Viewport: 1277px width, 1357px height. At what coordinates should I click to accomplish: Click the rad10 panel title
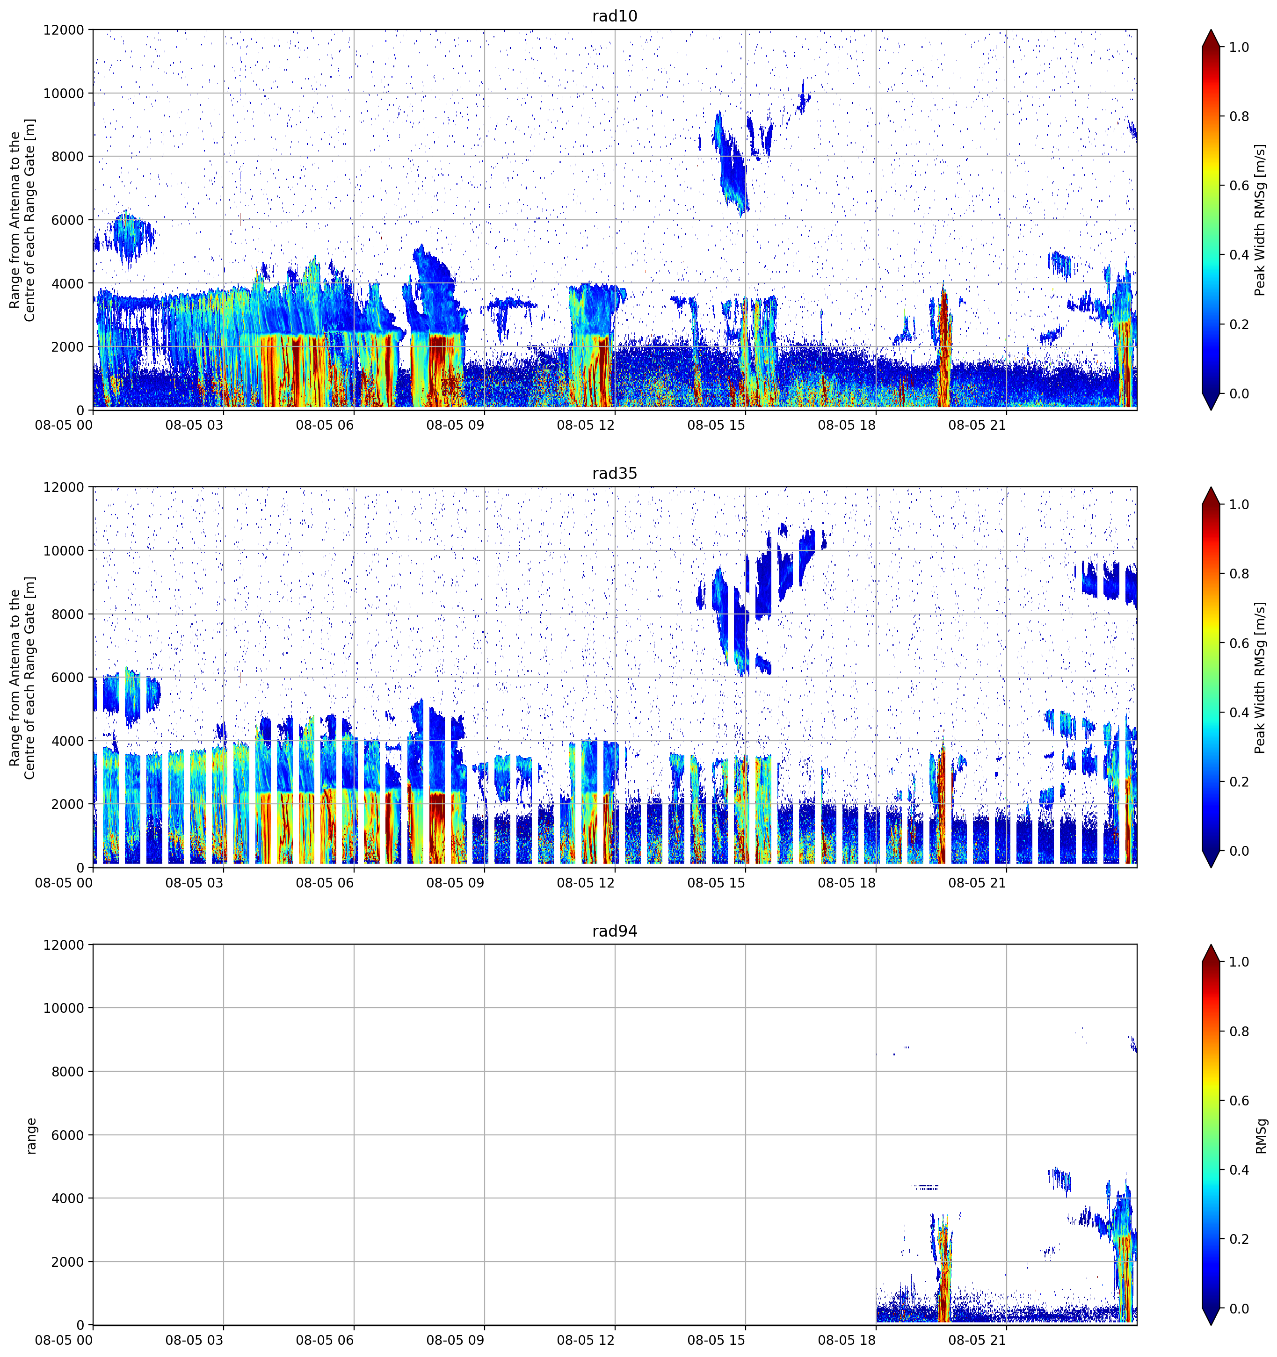pos(615,16)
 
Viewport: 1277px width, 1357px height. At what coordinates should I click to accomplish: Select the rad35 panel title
pos(615,473)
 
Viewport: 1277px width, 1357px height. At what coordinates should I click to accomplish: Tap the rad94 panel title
pos(615,931)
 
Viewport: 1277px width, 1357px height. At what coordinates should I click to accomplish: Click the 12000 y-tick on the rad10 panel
pos(64,30)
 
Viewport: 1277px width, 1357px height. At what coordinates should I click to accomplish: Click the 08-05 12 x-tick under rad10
pos(586,425)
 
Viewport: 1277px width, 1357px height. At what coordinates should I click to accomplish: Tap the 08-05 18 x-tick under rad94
pos(847,1340)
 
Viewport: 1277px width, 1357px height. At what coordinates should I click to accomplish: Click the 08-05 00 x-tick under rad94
pos(64,1340)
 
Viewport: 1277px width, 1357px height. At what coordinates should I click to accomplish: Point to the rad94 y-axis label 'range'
pos(31,1136)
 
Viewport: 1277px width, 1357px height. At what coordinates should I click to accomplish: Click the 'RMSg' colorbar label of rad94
pos(1261,1136)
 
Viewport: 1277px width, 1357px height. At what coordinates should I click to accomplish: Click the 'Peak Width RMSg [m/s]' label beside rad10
pos(1261,220)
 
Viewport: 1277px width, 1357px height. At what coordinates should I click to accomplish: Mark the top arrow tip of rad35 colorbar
pos(1211,487)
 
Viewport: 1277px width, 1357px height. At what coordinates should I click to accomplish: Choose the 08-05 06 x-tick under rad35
pos(325,882)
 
